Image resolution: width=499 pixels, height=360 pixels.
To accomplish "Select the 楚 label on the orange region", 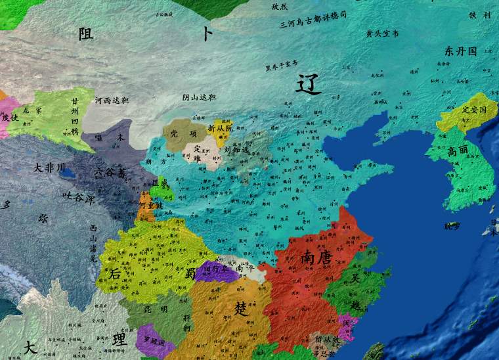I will [242, 308].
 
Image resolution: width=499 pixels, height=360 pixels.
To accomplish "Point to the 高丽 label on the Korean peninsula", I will [459, 151].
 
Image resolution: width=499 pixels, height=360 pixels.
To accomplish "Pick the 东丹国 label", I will [460, 51].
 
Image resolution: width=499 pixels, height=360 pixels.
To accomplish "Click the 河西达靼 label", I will [112, 101].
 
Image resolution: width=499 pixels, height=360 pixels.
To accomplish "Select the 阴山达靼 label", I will [199, 97].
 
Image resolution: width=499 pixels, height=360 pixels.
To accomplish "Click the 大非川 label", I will [50, 168].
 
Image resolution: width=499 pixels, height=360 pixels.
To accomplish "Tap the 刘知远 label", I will [237, 149].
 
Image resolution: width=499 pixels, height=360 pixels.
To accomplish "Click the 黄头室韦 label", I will [382, 33].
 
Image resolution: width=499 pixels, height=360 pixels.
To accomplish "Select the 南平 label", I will [245, 268].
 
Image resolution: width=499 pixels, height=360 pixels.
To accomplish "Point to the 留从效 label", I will [326, 340].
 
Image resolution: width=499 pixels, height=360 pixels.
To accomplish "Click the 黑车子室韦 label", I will [281, 65].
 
